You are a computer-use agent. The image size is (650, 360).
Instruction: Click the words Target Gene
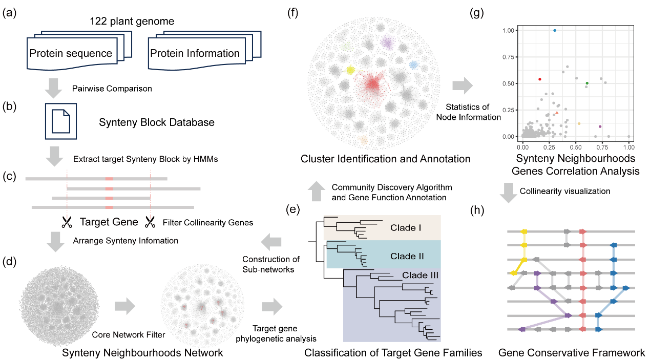click(x=109, y=222)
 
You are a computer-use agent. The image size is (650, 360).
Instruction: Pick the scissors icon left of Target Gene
click(x=67, y=222)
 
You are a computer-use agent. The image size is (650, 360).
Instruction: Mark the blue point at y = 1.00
click(x=554, y=30)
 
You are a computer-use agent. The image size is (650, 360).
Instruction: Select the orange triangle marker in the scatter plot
click(x=557, y=113)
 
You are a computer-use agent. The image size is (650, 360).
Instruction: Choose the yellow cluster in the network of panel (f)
click(x=351, y=70)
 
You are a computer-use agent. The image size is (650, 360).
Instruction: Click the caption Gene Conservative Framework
click(x=572, y=353)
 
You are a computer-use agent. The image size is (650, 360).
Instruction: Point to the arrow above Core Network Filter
click(x=124, y=307)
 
